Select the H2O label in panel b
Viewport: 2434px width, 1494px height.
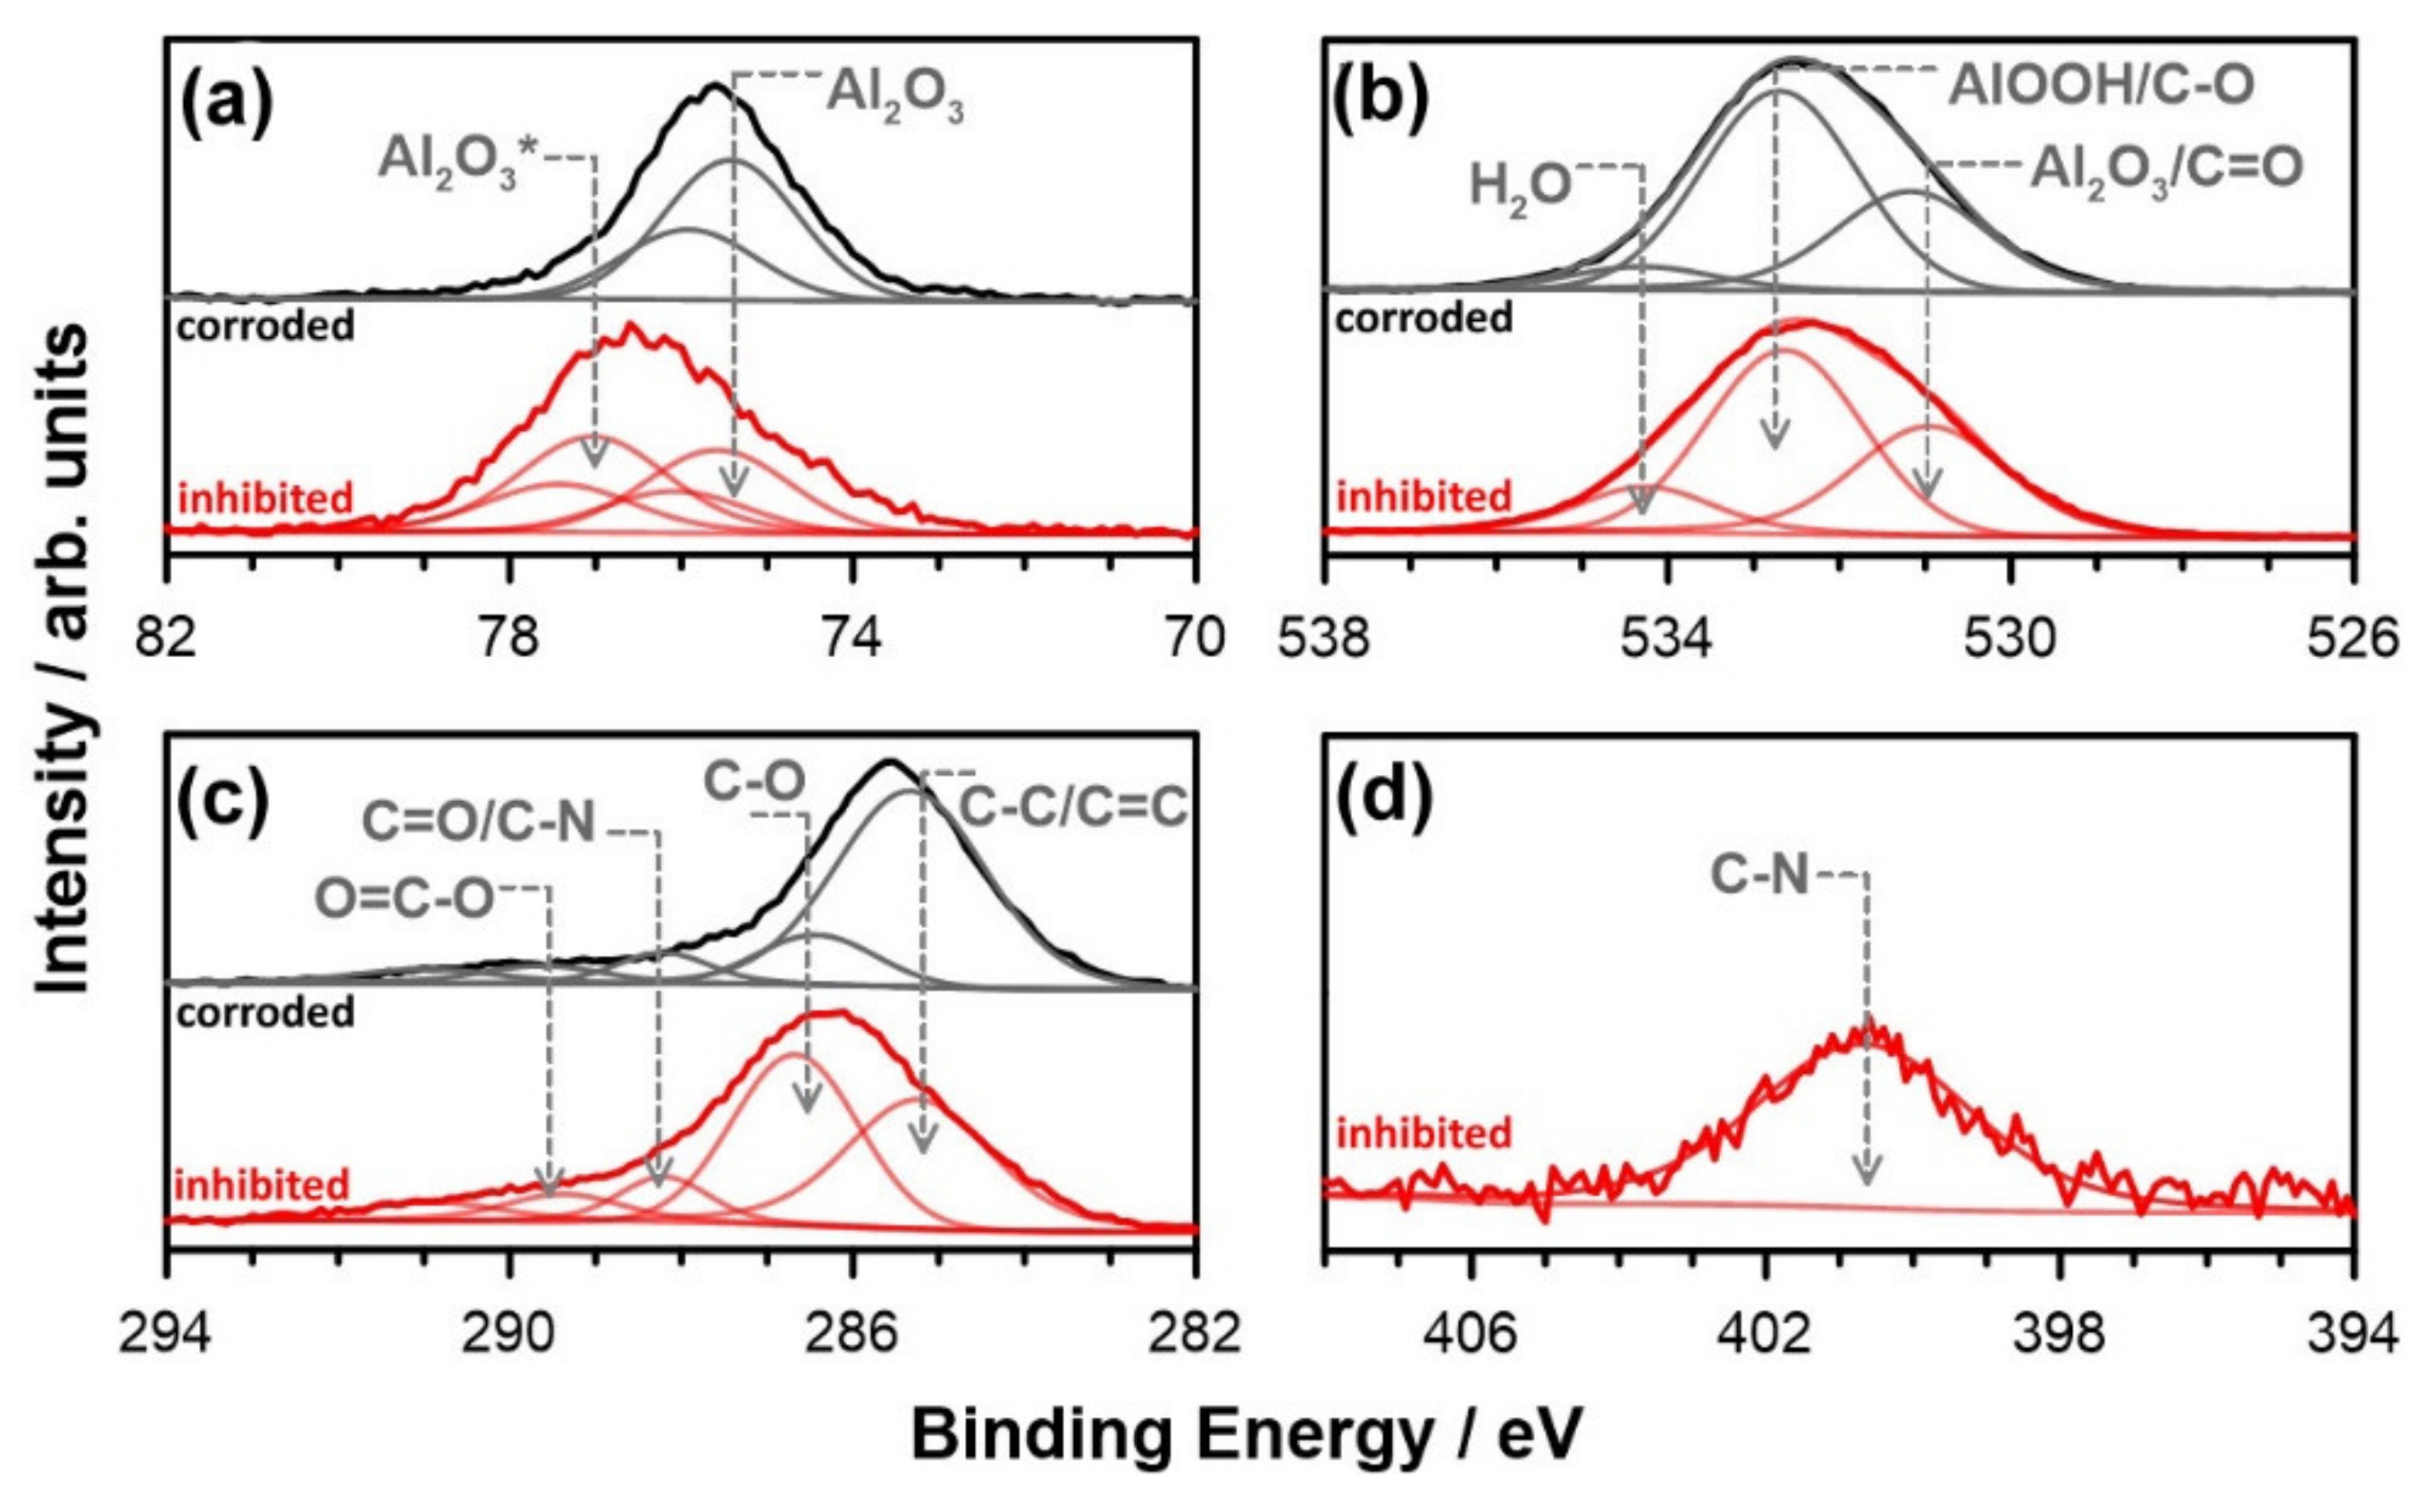(1519, 185)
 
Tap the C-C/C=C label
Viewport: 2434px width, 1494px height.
(1071, 809)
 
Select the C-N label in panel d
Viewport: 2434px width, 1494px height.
(1759, 875)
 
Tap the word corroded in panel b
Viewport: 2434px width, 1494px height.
(1423, 318)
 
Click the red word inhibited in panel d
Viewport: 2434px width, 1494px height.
(1423, 1133)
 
